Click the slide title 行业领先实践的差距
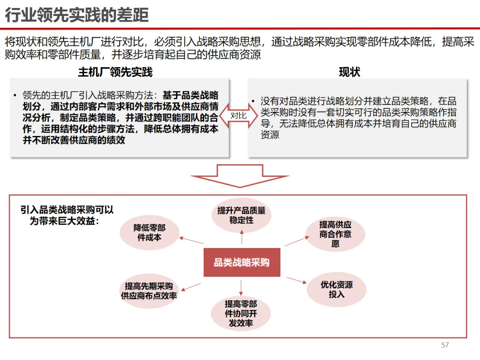click(x=76, y=15)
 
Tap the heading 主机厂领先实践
click(x=115, y=72)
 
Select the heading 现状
click(x=349, y=72)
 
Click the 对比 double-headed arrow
click(x=238, y=116)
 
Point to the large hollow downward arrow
click(x=240, y=176)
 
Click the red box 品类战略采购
click(x=242, y=262)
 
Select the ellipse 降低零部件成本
click(x=149, y=232)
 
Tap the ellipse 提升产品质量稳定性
click(x=241, y=215)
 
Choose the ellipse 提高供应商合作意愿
click(x=335, y=234)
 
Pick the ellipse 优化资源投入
click(x=336, y=289)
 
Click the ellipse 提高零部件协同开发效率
click(x=241, y=313)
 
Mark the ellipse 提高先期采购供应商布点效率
click(x=149, y=291)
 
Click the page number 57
click(x=445, y=345)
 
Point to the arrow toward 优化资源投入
click(x=296, y=281)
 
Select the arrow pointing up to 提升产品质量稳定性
click(x=242, y=239)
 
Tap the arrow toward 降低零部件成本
click(x=191, y=240)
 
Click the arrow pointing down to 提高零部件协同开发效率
click(x=241, y=287)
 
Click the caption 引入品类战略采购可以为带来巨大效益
click(x=67, y=215)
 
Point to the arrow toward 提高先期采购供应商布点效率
click(x=192, y=287)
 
